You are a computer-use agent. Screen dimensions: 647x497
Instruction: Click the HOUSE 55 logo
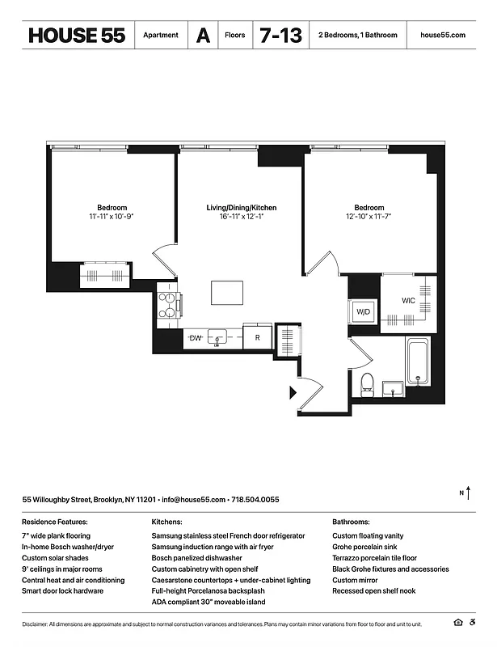coord(77,36)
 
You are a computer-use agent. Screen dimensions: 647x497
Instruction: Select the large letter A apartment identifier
coord(202,36)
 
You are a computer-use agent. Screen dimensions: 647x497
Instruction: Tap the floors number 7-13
coord(279,36)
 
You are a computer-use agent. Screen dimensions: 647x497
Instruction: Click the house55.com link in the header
coord(443,36)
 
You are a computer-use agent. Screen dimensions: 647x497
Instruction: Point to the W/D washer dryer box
coord(363,312)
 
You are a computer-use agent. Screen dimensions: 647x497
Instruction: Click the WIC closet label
coord(409,301)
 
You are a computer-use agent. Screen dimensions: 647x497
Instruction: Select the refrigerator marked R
coord(257,337)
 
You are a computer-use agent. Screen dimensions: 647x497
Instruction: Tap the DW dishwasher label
coord(195,337)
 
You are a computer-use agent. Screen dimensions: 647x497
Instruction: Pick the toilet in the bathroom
coord(366,383)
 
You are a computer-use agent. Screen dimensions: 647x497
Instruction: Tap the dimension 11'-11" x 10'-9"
coord(112,217)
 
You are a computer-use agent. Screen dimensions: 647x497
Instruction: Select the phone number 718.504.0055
coord(255,500)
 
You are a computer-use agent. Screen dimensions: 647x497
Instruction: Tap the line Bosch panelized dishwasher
coord(196,558)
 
